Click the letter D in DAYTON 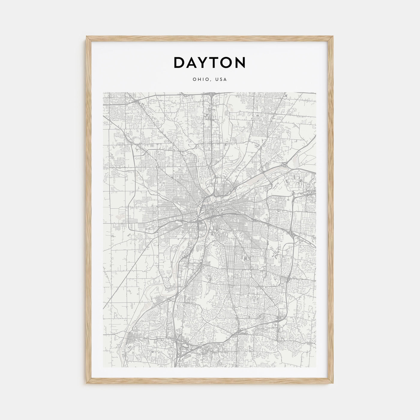click(x=180, y=62)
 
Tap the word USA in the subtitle click(x=221, y=79)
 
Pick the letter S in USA click(x=221, y=79)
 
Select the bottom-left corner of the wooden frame click(x=87, y=384)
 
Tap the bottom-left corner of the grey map click(x=103, y=367)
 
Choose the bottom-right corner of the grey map click(x=316, y=367)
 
